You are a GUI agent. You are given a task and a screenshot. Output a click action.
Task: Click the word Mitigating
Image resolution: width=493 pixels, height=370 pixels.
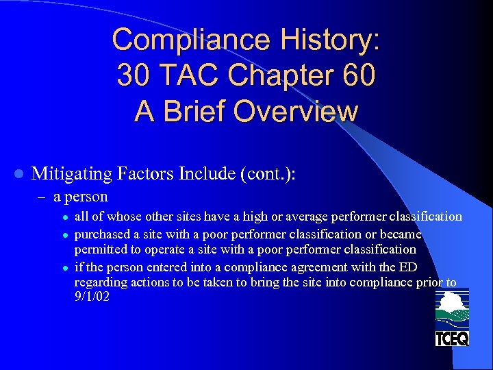tap(71, 174)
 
